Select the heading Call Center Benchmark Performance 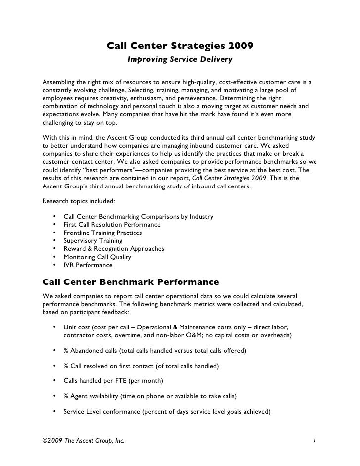coord(131,282)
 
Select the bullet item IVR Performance coord(88,265)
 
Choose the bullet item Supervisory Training coord(92,240)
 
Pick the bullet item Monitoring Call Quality coord(97,257)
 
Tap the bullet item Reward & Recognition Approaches coord(113,249)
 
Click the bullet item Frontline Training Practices coord(102,233)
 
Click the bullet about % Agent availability coord(150,397)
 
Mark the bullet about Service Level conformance coord(166,412)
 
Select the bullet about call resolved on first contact coord(140,366)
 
